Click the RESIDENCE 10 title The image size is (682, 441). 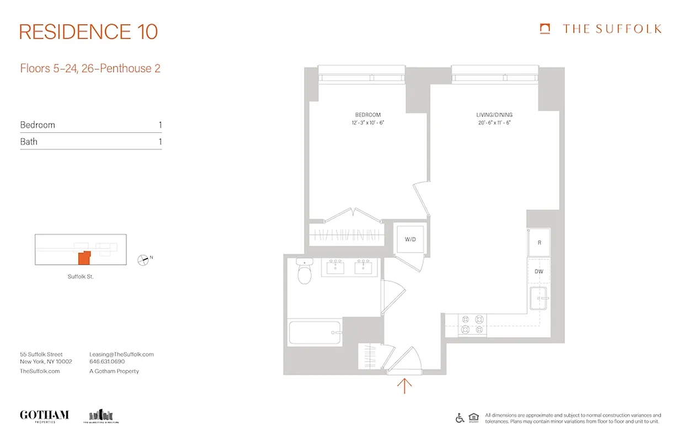(88, 32)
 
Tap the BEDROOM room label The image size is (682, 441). (368, 115)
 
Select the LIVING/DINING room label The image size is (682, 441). (494, 115)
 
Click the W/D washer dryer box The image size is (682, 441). (410, 240)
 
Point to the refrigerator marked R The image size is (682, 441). (539, 243)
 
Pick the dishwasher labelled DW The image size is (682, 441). (539, 272)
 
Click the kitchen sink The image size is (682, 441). (539, 299)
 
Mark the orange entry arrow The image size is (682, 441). (404, 385)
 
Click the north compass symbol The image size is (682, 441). (143, 259)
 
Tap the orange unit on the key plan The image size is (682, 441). (83, 258)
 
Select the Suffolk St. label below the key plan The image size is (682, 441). (81, 277)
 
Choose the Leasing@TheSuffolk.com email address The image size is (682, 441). (121, 354)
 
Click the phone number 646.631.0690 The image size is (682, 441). (107, 362)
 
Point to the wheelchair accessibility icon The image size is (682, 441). (460, 418)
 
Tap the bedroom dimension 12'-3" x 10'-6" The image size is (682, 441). (368, 123)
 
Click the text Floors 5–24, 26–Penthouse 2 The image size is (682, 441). (90, 68)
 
